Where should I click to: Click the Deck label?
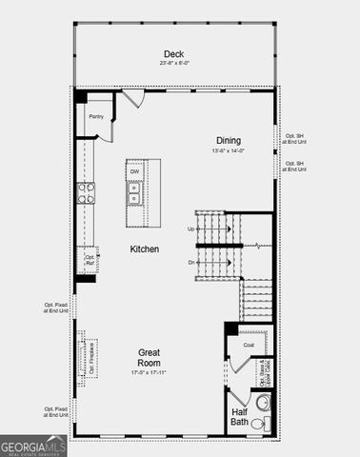pos(173,53)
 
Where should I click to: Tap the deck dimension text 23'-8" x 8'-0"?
pos(173,64)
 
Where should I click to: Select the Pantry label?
pos(96,117)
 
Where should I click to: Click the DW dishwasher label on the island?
pos(135,171)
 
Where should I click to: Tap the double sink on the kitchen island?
pos(135,194)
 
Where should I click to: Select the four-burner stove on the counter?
pos(86,193)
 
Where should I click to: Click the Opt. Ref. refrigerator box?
pos(90,258)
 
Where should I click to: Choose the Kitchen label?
pos(145,248)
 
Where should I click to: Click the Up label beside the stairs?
pos(190,228)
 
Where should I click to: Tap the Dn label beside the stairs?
pos(190,261)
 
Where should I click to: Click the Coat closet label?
pos(248,345)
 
